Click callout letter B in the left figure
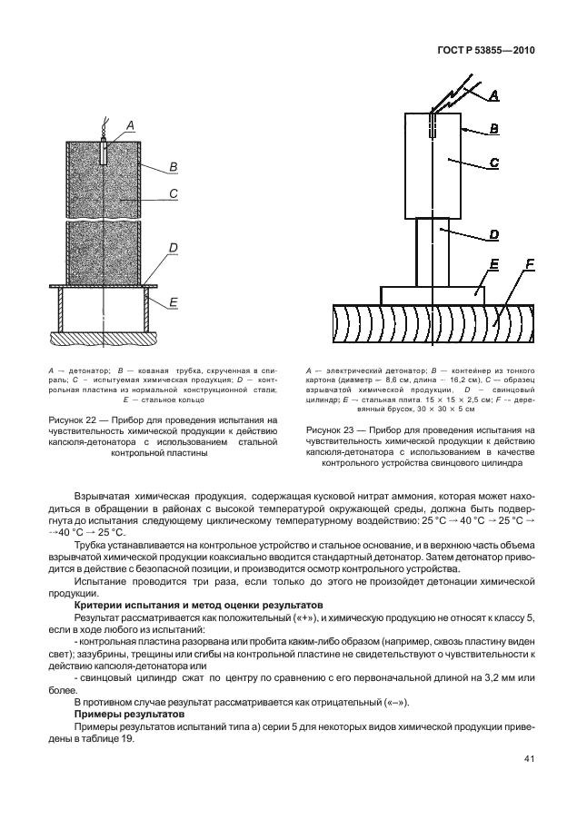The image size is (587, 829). [x=172, y=166]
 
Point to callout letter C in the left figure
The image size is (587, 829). [x=172, y=192]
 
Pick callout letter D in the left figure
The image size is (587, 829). [x=172, y=247]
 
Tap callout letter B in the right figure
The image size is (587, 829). [x=493, y=129]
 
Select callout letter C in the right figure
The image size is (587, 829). [x=493, y=163]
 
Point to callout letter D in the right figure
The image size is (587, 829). [x=493, y=234]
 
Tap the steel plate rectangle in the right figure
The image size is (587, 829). [x=432, y=295]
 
